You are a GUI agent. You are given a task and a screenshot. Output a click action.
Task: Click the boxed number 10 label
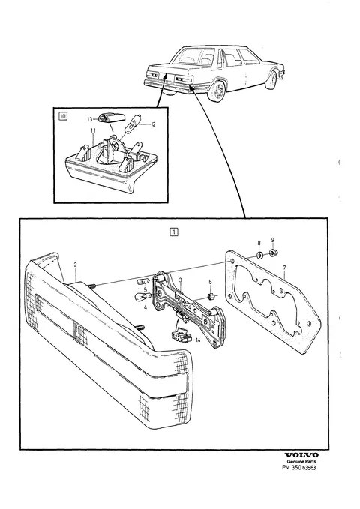point(63,115)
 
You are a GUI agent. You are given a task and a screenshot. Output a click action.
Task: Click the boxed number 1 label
point(174,232)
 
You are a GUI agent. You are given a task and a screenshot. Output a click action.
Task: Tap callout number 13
point(90,119)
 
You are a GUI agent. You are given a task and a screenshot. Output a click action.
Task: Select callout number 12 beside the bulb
point(153,124)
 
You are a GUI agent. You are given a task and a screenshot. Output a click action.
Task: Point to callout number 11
point(93,131)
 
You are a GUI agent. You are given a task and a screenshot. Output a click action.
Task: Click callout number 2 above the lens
point(76,265)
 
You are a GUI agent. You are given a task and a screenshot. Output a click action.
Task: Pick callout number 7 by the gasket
point(284,268)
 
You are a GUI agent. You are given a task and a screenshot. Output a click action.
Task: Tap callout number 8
point(259,243)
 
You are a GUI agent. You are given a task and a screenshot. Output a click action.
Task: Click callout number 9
point(272,240)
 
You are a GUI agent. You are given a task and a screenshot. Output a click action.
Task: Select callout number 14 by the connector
point(198,340)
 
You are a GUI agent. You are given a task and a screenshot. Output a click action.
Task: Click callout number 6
point(210,282)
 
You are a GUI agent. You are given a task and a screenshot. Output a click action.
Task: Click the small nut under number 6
point(210,296)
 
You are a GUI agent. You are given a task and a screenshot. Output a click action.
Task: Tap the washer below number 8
point(259,256)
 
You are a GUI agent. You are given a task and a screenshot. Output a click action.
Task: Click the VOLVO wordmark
point(301,455)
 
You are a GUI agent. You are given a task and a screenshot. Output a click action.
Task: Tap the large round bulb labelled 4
point(142,295)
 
